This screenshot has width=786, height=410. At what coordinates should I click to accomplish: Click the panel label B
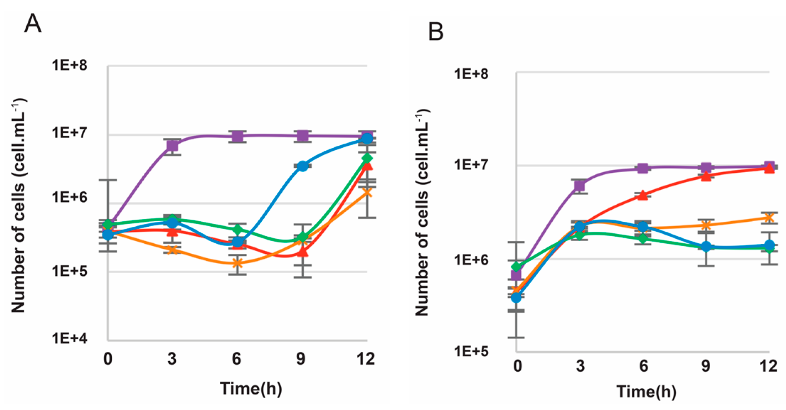pos(436,32)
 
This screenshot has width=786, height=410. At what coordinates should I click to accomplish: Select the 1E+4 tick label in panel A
pos(70,338)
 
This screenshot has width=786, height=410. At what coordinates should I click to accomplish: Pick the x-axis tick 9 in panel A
pos(301,359)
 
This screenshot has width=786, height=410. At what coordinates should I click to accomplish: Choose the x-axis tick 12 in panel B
pos(768,366)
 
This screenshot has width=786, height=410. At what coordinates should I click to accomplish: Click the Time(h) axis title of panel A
pos(251,388)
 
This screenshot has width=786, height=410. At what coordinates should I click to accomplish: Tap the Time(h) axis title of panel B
pos(646,392)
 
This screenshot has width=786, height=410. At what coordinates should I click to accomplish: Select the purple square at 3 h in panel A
pos(172,146)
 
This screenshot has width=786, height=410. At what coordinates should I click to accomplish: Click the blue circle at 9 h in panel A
pos(302,166)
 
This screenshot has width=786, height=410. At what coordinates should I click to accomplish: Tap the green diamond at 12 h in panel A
pos(367,158)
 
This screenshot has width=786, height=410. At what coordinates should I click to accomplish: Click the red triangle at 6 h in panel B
pos(642,195)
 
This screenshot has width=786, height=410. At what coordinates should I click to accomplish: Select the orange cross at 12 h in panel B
pos(769,217)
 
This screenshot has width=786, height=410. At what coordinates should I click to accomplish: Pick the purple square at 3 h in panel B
pos(580,186)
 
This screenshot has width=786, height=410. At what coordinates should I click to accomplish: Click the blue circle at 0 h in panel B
pos(516,297)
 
